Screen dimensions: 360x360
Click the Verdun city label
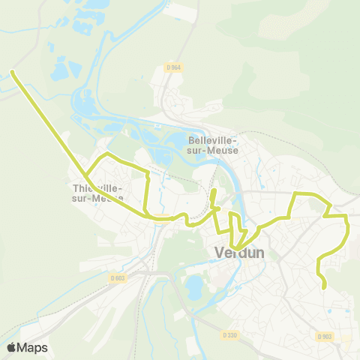click(x=239, y=253)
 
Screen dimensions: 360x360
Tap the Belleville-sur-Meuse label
click(x=214, y=145)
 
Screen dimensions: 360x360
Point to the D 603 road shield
click(x=116, y=278)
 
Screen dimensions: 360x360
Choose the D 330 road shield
click(x=229, y=334)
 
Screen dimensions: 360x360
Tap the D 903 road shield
click(x=324, y=336)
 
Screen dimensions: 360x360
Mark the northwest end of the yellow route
click(x=12, y=72)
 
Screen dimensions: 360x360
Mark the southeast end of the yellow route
click(x=325, y=286)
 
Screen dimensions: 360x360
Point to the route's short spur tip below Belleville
click(x=214, y=192)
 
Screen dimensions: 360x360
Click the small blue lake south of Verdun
click(x=193, y=286)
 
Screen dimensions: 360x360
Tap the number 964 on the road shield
click(x=176, y=68)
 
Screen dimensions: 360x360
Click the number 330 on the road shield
click(x=232, y=334)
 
